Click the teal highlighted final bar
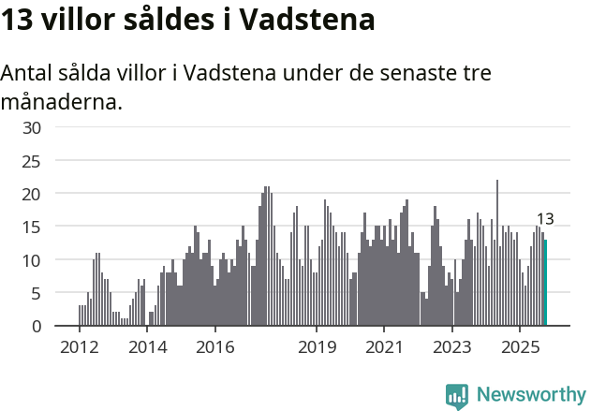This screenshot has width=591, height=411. click(x=545, y=283)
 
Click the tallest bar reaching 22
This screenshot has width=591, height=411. click(x=497, y=253)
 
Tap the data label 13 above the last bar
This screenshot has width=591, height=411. click(x=545, y=220)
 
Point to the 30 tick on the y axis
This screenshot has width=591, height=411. click(x=32, y=128)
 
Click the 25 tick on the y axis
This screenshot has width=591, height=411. click(x=32, y=161)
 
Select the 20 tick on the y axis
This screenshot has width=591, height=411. click(x=32, y=194)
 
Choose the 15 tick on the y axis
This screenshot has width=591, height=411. click(x=32, y=227)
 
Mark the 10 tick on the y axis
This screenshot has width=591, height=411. click(x=32, y=260)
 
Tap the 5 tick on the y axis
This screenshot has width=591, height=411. click(x=36, y=293)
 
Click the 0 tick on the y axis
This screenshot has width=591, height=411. click(x=36, y=326)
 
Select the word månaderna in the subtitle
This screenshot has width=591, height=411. click(x=62, y=101)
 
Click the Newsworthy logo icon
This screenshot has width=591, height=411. click(x=457, y=395)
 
